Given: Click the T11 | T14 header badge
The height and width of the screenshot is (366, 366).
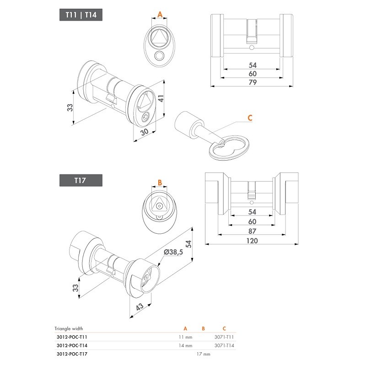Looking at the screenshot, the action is click(x=81, y=15).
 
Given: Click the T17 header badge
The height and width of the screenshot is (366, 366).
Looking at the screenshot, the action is click(x=81, y=180).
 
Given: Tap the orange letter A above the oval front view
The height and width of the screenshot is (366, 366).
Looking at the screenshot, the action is click(x=160, y=15).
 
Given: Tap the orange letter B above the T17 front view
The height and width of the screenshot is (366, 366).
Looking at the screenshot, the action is click(x=160, y=182).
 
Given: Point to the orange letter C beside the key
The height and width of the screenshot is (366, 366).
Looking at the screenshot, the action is click(x=250, y=118).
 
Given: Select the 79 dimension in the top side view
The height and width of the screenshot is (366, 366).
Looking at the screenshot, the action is click(x=253, y=82).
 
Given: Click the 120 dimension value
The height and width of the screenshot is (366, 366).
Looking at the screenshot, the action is click(x=252, y=241).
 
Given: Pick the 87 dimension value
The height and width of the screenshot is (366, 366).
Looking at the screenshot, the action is click(x=253, y=231).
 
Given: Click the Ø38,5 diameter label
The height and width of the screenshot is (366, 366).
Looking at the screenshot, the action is click(x=173, y=252).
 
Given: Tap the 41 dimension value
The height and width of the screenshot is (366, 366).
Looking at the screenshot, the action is click(x=161, y=98).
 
